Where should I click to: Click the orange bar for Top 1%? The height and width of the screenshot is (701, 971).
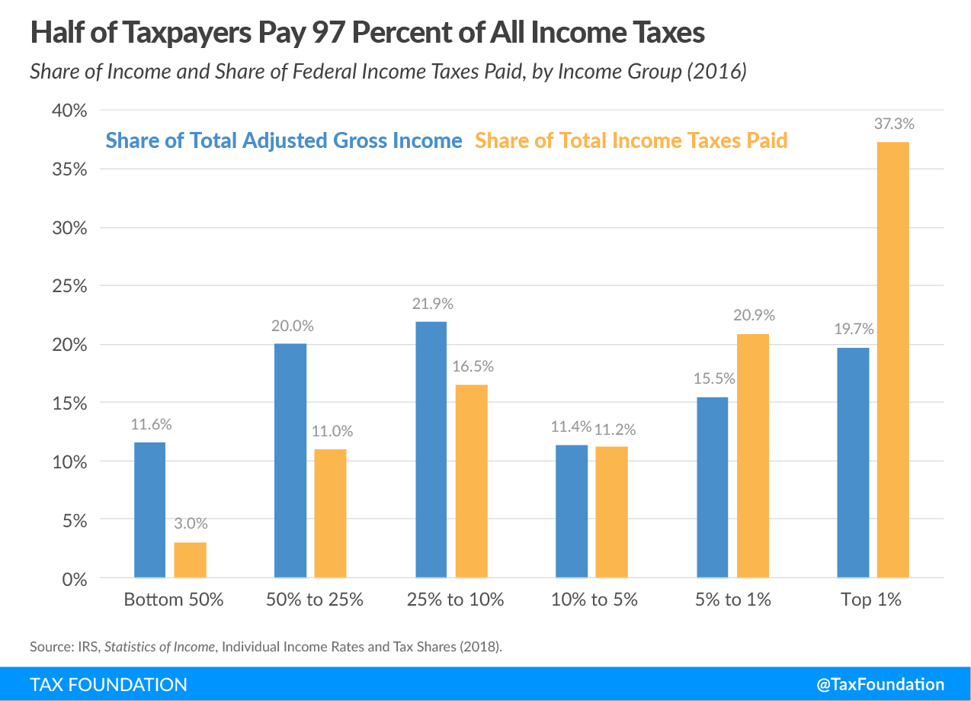pos(892,360)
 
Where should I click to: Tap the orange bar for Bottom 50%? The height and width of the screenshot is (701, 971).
pos(190,560)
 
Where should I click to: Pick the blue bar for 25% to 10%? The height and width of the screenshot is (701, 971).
pos(431,449)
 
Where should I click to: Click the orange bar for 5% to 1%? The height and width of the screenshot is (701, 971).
pos(753,455)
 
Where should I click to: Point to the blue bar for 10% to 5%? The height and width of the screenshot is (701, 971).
pos(572,511)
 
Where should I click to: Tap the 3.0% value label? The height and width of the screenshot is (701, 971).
pos(191,525)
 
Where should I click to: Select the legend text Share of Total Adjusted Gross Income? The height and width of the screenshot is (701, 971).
pos(284,141)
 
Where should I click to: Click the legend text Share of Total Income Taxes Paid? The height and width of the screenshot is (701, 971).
pos(631,141)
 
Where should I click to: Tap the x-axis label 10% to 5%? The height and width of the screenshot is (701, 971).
pos(594,600)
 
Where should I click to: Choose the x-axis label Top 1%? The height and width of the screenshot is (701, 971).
pos(871,600)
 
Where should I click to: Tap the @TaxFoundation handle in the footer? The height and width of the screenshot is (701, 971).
pos(880,684)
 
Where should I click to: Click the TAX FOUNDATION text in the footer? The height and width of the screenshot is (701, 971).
pos(108,684)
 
